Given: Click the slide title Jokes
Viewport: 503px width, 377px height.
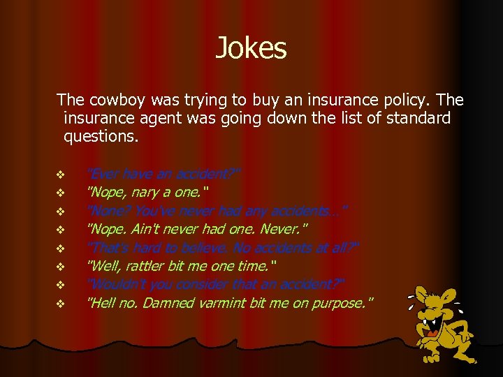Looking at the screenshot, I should [x=251, y=48].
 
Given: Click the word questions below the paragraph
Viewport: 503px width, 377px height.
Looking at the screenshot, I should [x=101, y=136].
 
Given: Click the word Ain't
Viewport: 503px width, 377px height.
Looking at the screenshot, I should [x=143, y=228].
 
